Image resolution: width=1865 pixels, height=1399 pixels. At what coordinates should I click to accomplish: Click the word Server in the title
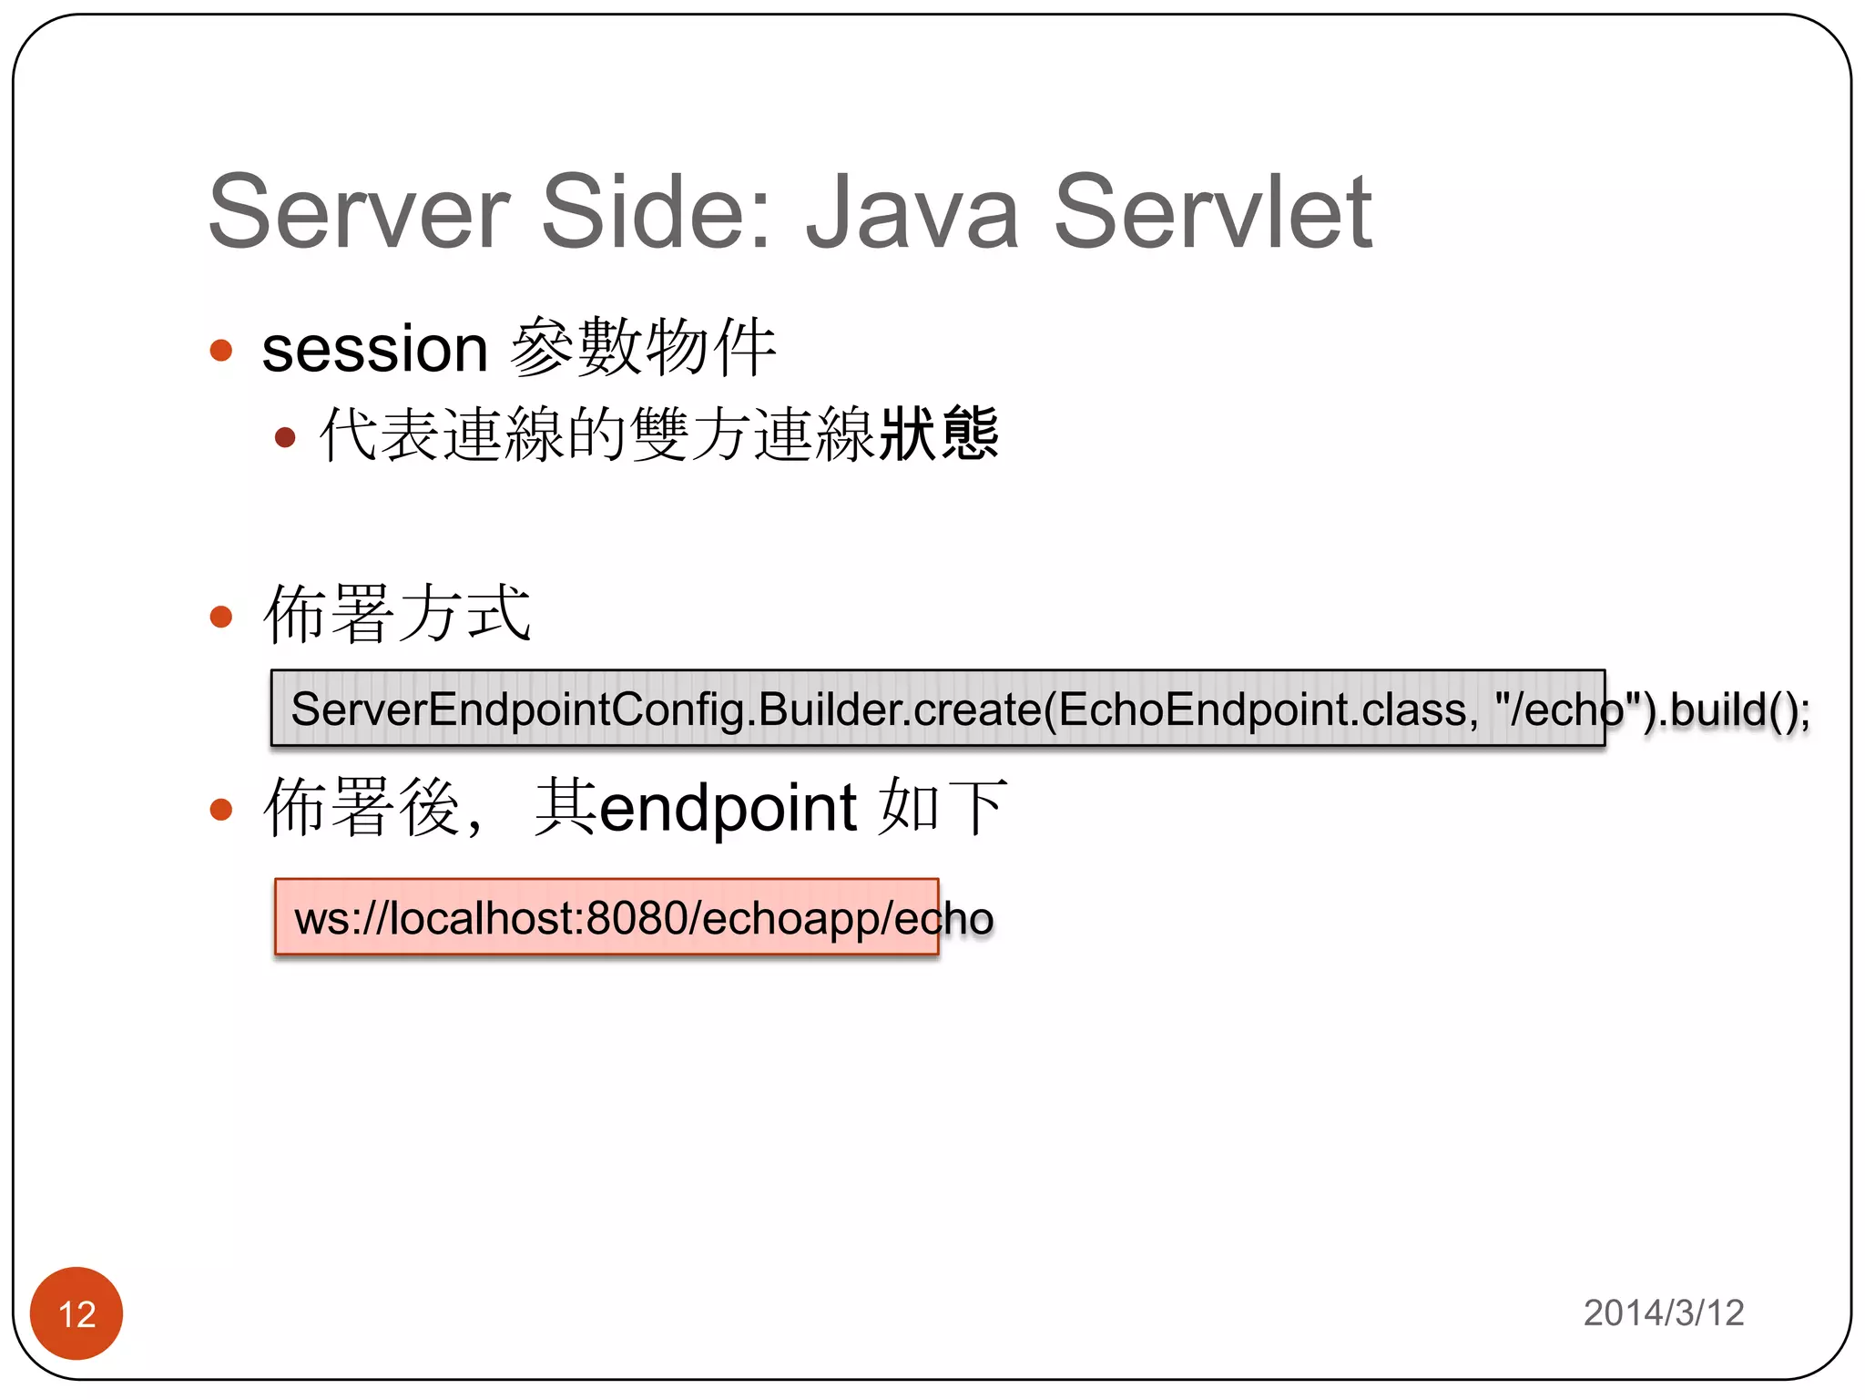(359, 212)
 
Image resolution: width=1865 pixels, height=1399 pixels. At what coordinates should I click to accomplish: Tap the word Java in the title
(912, 212)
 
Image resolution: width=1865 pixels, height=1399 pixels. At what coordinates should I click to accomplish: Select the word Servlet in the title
(1212, 212)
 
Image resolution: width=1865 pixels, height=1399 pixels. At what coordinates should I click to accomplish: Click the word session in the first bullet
(375, 349)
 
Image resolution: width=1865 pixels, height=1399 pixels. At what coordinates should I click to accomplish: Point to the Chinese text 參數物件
(643, 347)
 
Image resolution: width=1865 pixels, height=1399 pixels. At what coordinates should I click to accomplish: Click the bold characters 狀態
(939, 434)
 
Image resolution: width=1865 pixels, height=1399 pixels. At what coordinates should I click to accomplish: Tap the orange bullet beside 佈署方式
(221, 617)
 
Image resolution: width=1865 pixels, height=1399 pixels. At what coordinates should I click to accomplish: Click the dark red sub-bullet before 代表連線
(285, 437)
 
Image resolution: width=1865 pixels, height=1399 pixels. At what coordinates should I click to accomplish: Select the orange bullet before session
(221, 350)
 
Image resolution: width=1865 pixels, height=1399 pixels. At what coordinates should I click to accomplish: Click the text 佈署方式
(397, 614)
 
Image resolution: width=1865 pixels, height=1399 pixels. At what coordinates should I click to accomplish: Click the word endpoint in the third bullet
(728, 807)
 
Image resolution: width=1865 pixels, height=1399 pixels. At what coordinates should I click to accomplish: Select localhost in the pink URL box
(483, 917)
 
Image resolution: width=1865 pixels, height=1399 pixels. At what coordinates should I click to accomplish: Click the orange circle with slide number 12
(76, 1312)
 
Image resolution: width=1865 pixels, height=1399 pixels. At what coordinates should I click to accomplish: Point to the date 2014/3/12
(1664, 1312)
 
